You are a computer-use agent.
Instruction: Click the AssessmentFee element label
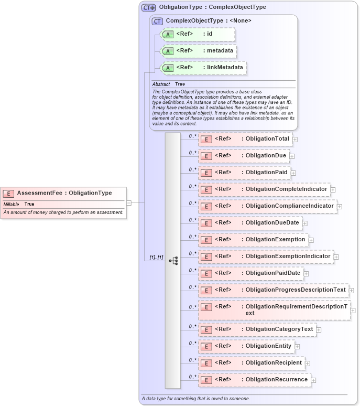coord(64,193)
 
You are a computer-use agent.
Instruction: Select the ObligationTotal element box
coord(245,139)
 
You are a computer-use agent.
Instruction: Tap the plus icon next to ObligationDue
coord(292,156)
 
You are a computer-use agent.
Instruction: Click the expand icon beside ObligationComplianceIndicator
coord(340,206)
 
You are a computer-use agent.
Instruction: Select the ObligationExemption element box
coord(253,240)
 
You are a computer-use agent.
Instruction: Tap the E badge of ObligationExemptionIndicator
coord(206,257)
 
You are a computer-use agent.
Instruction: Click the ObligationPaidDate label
coord(273,273)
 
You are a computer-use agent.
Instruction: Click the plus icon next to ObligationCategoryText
coord(319,330)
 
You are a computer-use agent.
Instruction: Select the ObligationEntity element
coord(246,346)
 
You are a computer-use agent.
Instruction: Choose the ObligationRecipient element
coord(251,363)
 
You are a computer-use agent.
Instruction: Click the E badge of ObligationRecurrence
coord(206,380)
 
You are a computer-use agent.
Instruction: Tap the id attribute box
coord(198,34)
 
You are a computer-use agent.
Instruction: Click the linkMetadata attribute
coord(203,68)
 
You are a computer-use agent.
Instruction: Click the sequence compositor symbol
coord(173,260)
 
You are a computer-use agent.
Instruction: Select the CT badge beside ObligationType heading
coord(149,7)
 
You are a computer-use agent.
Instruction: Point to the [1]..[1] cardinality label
coord(156,258)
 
